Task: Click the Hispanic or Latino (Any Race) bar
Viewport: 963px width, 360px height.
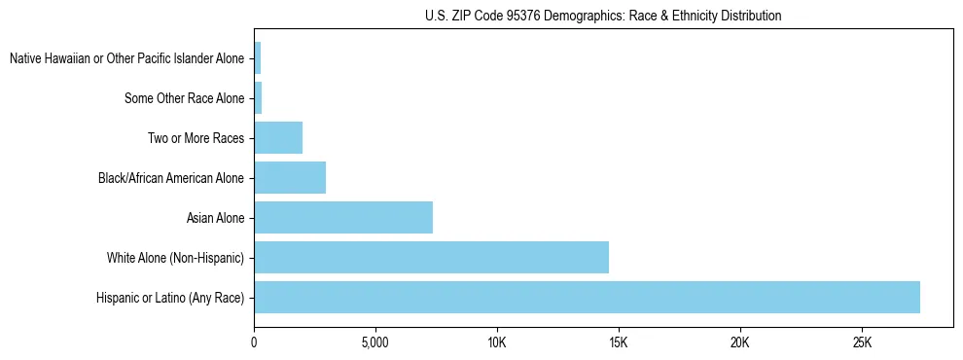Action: tap(587, 297)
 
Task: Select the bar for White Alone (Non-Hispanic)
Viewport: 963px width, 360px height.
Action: tap(431, 258)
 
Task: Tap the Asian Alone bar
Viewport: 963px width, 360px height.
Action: tap(343, 218)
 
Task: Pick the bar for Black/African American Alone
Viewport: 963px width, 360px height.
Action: tap(290, 178)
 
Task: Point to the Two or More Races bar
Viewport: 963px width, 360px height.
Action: tap(278, 138)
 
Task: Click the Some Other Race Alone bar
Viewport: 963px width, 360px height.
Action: tap(258, 98)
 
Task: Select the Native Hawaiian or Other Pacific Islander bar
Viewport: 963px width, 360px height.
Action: tap(257, 58)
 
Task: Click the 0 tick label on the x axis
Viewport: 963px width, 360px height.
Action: tap(254, 343)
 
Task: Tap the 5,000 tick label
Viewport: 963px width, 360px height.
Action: tap(374, 343)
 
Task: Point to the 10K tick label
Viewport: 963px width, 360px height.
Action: tap(497, 343)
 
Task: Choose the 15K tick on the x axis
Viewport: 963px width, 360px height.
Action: tap(619, 343)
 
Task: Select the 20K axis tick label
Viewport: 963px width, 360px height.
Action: tap(740, 343)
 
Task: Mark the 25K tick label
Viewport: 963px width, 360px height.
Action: tap(862, 343)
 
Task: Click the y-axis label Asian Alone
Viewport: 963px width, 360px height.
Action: tap(216, 218)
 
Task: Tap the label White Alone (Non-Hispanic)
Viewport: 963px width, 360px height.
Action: tap(176, 258)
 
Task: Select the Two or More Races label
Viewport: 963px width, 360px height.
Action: tap(196, 138)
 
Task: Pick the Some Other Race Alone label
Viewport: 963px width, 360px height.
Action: tap(185, 98)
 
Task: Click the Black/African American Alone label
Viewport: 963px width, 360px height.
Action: tap(171, 178)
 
